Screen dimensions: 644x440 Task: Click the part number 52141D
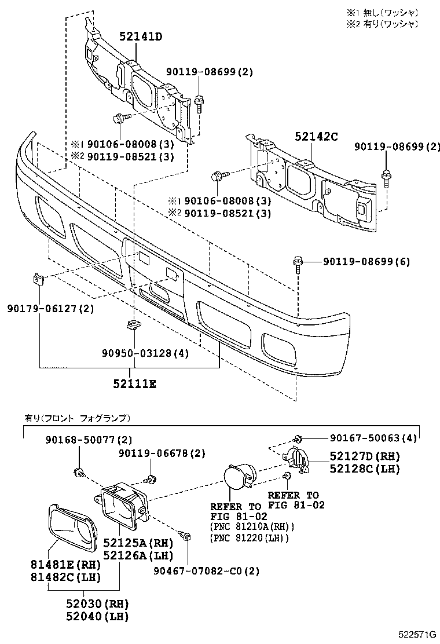141,36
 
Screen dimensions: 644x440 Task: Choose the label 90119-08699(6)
366,262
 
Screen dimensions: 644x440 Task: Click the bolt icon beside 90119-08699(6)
299,264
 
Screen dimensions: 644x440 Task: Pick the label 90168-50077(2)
89,440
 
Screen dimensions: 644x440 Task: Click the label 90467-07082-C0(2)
207,570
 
